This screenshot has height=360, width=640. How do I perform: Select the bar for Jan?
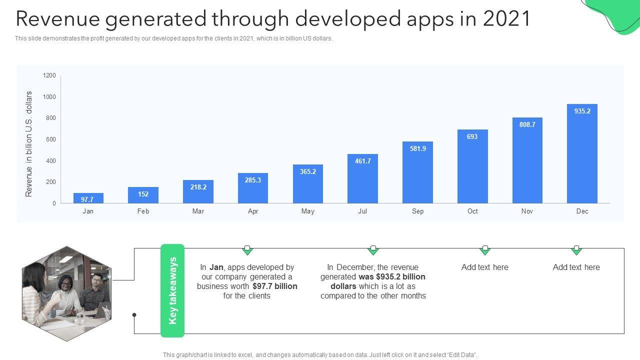88,198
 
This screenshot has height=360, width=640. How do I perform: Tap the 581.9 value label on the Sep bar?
417,148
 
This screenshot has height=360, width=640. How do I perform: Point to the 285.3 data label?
253,180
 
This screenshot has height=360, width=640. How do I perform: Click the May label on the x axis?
308,211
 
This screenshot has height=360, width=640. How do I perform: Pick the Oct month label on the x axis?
472,211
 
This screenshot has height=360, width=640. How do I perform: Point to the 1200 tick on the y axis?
49,75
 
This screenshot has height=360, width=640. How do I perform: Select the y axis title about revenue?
29,144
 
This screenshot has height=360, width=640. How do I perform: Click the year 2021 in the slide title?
506,18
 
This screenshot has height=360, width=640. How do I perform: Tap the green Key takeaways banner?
172,290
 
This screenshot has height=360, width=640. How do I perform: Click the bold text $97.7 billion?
275,286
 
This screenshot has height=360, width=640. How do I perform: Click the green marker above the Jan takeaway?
247,249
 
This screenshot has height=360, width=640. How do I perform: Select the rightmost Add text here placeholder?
576,267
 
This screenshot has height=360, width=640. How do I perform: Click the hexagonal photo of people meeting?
66,293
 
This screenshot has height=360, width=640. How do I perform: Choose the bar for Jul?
362,178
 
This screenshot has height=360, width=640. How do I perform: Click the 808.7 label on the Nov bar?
527,124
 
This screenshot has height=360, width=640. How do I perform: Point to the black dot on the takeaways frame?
134,315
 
